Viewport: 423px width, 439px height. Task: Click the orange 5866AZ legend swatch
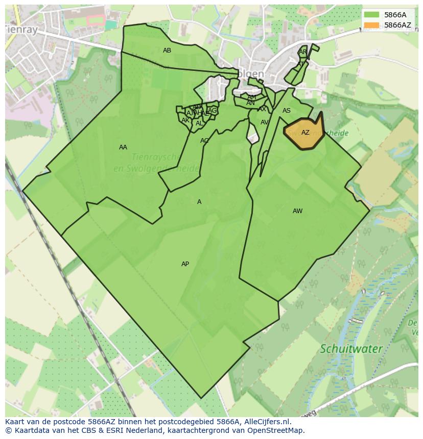click(371, 25)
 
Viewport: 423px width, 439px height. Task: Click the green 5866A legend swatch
click(371, 15)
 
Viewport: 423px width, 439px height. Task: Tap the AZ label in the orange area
click(306, 133)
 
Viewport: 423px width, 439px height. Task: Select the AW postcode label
click(298, 211)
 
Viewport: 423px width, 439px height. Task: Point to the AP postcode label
click(185, 264)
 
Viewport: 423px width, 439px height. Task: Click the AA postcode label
click(123, 147)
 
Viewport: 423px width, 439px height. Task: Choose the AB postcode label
click(167, 50)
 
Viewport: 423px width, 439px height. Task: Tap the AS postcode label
click(287, 111)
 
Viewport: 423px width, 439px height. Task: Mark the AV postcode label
click(265, 122)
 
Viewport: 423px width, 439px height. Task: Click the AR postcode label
click(303, 52)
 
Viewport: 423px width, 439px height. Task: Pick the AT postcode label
click(301, 64)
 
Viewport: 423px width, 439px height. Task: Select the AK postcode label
click(185, 120)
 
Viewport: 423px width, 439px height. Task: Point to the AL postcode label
click(199, 123)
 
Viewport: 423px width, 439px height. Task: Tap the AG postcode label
click(213, 111)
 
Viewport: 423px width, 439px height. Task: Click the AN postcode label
click(250, 103)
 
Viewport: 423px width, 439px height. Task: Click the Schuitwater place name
click(351, 349)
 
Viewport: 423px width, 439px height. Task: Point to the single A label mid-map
click(199, 202)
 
